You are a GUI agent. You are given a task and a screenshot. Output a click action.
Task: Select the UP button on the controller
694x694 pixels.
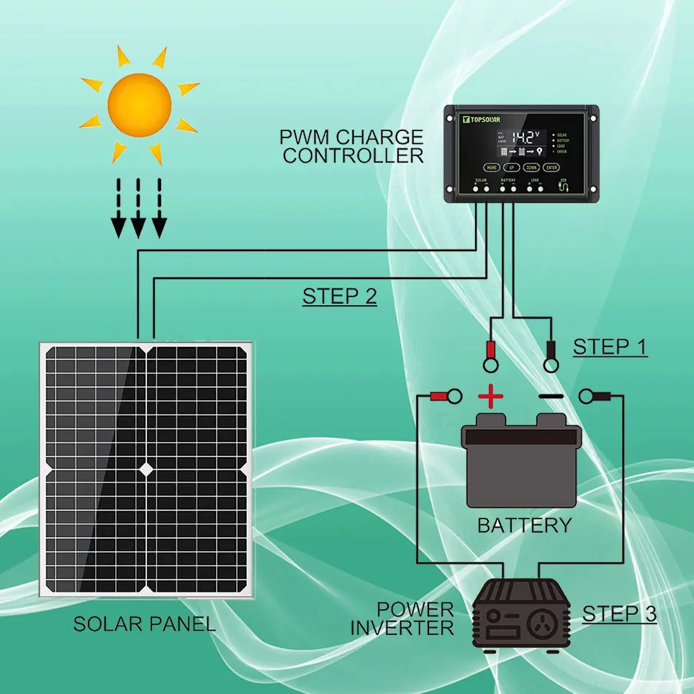511,166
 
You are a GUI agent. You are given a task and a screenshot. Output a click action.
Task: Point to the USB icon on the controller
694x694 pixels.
564,186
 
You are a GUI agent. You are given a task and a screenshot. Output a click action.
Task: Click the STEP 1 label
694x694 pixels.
610,347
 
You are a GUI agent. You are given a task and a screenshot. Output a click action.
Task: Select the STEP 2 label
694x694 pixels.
340,297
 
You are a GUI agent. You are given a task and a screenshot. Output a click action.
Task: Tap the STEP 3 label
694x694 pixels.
619,614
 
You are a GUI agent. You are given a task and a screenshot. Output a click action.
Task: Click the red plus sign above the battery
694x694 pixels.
490,396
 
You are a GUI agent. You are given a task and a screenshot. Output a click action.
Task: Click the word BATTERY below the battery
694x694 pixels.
524,525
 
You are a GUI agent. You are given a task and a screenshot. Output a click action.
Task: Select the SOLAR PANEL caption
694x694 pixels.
145,623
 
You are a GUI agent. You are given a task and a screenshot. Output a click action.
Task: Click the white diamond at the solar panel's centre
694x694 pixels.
146,469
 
